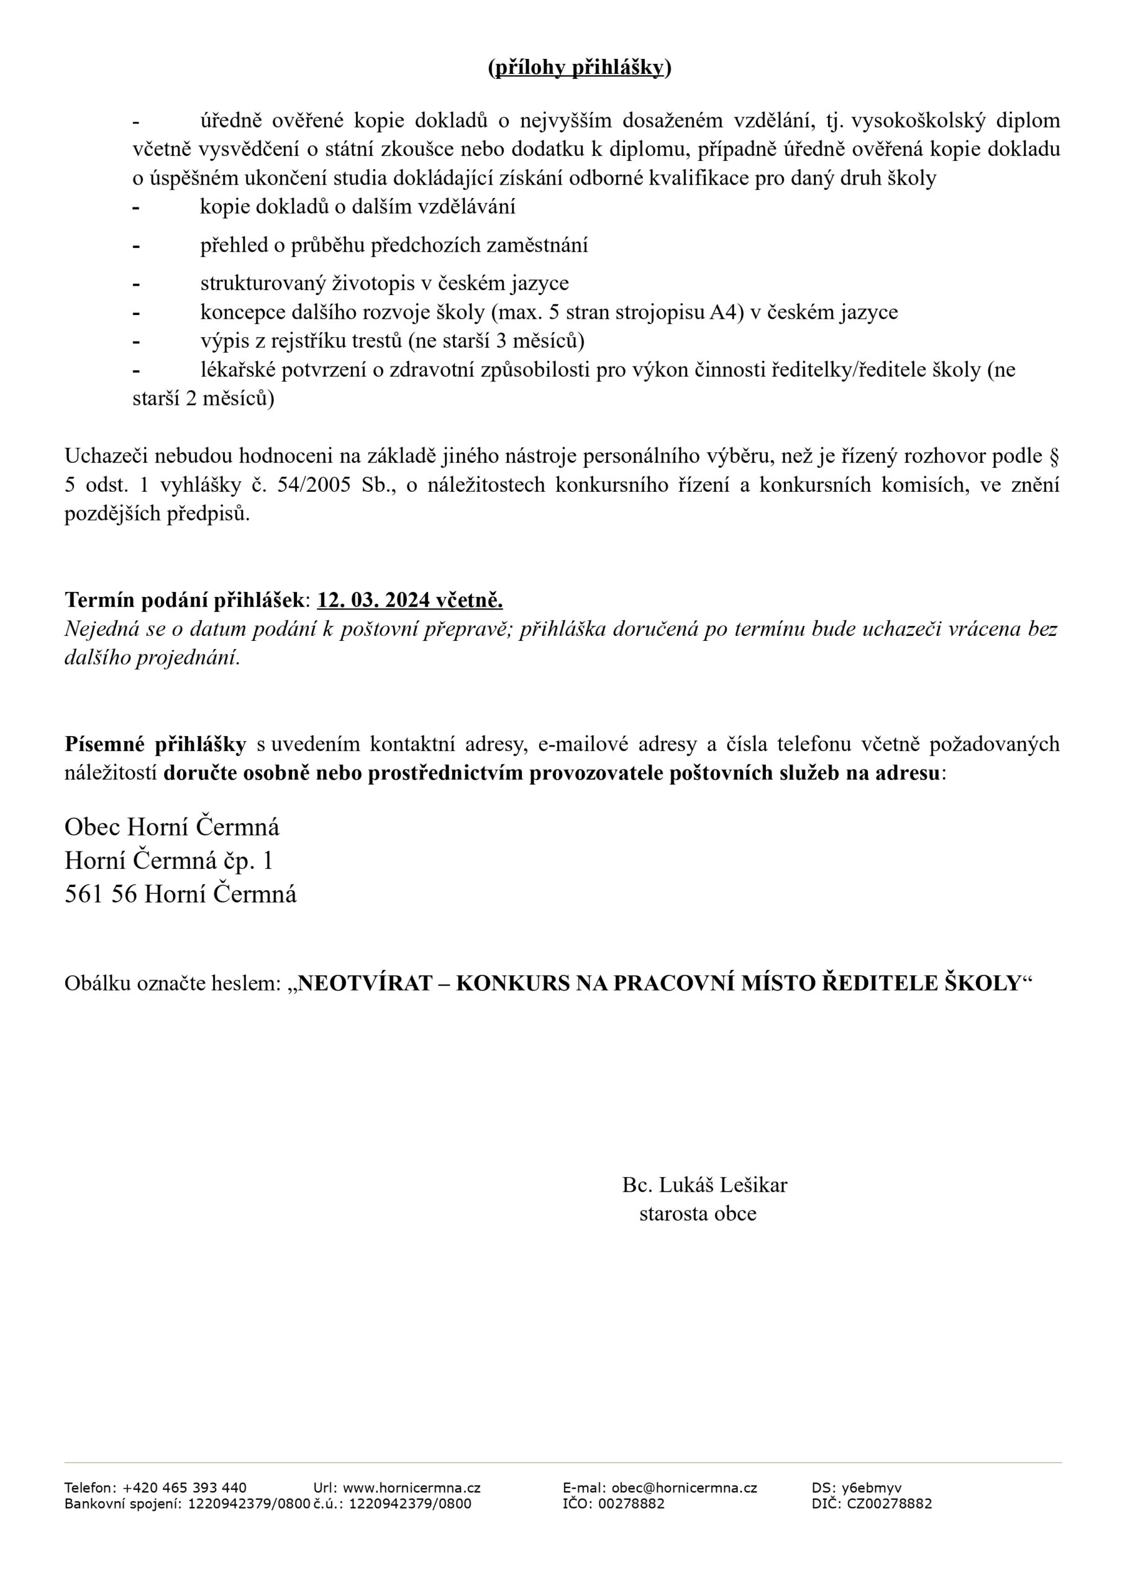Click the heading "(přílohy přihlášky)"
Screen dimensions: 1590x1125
579,67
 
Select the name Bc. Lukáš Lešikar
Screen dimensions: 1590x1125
704,1185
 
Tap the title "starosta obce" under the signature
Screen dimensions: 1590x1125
698,1213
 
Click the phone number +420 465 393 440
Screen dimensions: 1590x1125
184,1488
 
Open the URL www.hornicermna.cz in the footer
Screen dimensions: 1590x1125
411,1488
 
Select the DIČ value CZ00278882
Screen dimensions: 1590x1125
890,1504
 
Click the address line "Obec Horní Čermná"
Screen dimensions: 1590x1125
172,826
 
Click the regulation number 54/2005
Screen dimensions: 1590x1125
314,484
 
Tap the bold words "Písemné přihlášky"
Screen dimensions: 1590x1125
155,743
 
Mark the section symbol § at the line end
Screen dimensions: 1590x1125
1055,456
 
